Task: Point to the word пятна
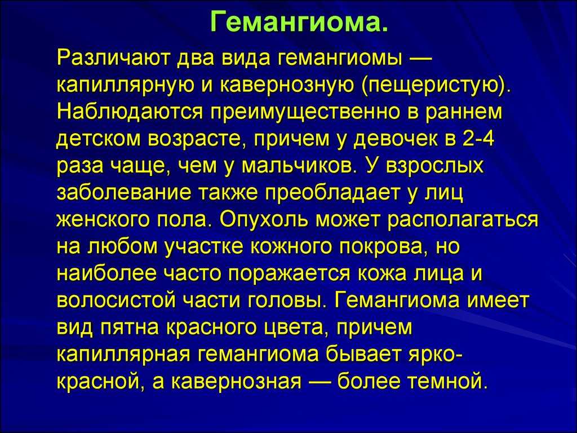click(130, 328)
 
